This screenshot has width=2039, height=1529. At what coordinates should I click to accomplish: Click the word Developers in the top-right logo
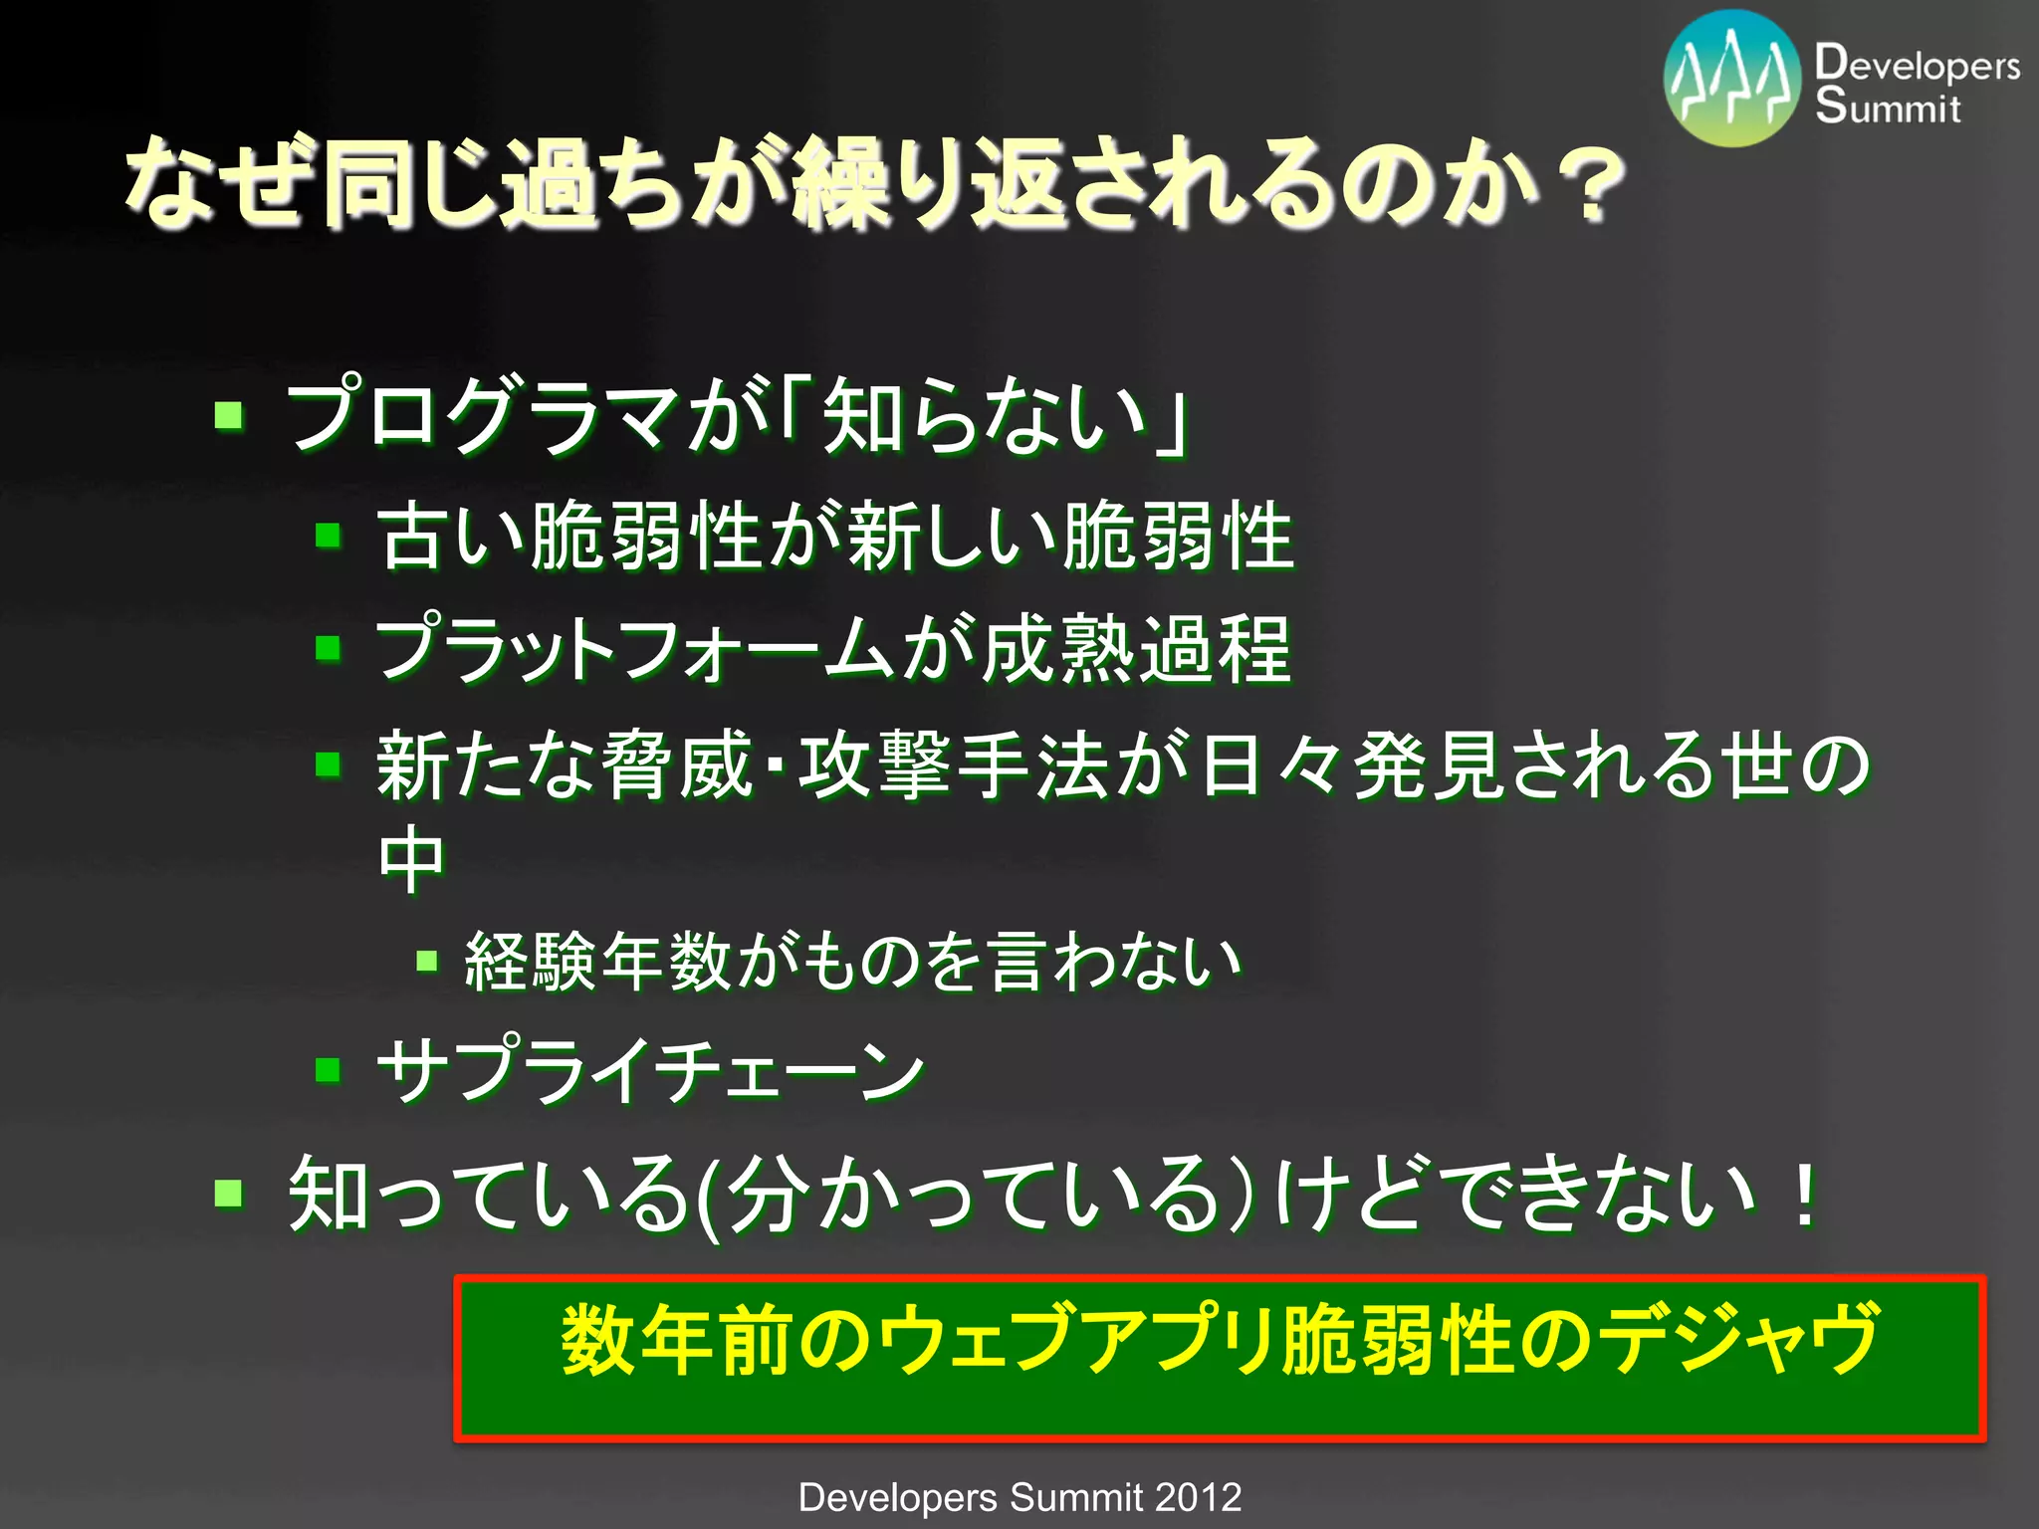[x=1917, y=64]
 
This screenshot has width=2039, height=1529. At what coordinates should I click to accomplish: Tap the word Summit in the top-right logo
[x=1887, y=107]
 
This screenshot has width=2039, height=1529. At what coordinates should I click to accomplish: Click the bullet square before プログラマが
[x=229, y=414]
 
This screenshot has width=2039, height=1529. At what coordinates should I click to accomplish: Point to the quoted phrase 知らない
[x=986, y=416]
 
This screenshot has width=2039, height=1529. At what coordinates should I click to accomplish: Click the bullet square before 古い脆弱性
[x=328, y=537]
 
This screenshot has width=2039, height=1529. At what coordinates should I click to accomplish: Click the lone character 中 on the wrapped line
[x=411, y=860]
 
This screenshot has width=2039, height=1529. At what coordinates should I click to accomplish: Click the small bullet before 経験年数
[x=427, y=961]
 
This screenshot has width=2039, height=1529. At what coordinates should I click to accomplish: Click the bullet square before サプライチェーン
[x=328, y=1070]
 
